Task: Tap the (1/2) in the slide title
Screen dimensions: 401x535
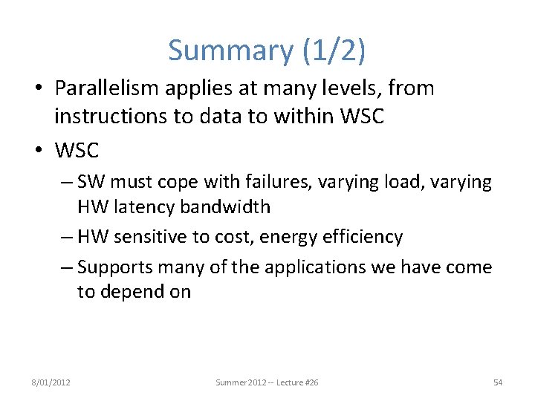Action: pyautogui.click(x=331, y=50)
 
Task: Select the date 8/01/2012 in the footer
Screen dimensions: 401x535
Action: pyautogui.click(x=51, y=382)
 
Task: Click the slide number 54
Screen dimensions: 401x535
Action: pyautogui.click(x=498, y=382)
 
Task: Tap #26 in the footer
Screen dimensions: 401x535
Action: pyautogui.click(x=311, y=382)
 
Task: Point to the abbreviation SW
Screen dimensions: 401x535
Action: pyautogui.click(x=90, y=183)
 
